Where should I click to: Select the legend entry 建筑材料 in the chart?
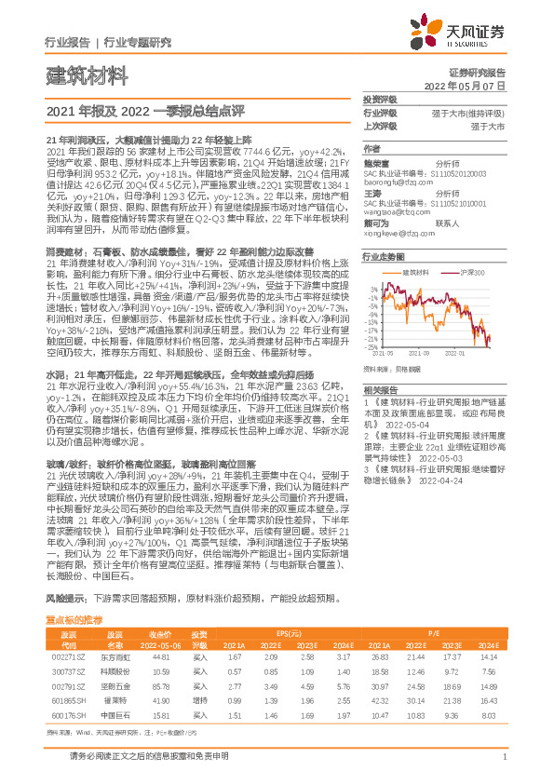coord(416,272)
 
